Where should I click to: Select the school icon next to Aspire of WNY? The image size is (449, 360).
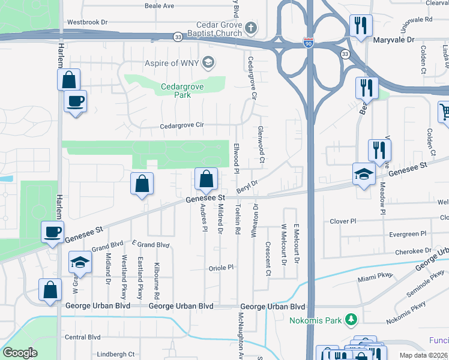coord(208,62)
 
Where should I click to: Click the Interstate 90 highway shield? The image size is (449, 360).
coord(307,43)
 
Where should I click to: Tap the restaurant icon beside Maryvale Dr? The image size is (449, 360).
coord(361,25)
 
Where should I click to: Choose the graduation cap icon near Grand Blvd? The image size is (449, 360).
coord(80,262)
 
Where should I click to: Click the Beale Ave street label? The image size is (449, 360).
coord(159,5)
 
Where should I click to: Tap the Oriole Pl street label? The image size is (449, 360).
coord(220,268)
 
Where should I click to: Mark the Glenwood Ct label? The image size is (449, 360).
coord(261,145)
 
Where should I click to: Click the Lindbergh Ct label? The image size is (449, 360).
coord(115,355)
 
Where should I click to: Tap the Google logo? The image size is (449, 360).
coord(20,353)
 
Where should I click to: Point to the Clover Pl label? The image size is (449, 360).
coord(344,221)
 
